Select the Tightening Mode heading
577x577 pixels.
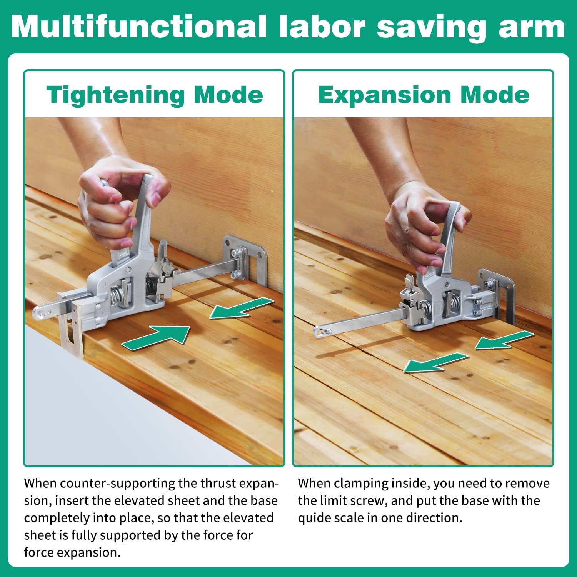(155, 95)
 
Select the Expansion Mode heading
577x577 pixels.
(424, 95)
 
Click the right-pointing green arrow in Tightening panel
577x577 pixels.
(156, 338)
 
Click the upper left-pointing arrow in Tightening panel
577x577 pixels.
(242, 308)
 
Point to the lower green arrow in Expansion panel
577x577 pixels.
(436, 363)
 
